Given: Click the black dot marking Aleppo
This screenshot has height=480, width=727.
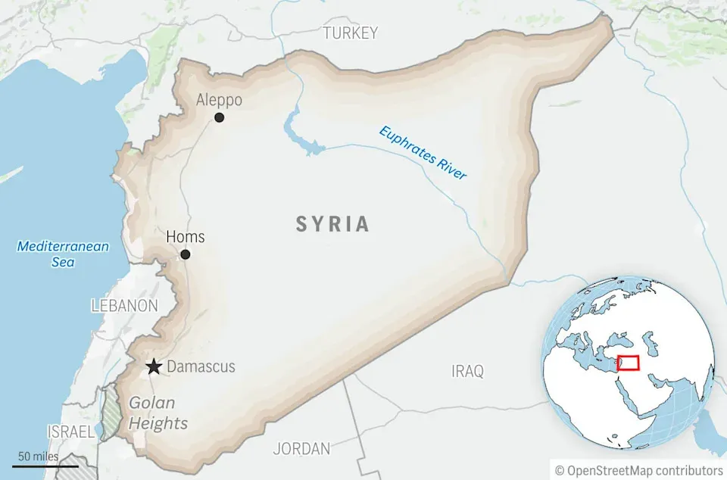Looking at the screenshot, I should point(219,117).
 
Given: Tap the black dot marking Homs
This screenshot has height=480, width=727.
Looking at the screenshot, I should point(186,254).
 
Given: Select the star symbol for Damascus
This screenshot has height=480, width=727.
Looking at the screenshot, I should point(154,367).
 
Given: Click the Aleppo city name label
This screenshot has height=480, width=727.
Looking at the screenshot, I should point(219,100).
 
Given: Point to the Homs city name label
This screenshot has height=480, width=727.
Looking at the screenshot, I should point(186,237).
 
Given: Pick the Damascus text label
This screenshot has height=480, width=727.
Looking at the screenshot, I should point(201,367).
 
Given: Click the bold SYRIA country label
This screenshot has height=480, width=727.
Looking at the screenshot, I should point(332,224).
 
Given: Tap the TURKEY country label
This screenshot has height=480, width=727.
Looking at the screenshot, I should point(350,33).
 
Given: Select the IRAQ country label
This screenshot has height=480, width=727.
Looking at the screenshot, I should point(467,371).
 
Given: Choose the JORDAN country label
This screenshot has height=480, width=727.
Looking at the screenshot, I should point(301,448).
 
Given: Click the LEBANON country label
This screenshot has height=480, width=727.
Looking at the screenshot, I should point(124,306).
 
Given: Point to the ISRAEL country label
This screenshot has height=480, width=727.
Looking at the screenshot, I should point(70,432).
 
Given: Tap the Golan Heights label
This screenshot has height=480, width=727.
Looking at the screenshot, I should point(158,413).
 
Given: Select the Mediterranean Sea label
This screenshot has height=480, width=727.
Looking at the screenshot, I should point(63,254).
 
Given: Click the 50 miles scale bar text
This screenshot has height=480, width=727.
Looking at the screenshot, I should point(38,457).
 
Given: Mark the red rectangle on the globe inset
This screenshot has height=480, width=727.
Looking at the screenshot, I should point(628,363).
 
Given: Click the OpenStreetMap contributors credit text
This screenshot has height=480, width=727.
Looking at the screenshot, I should point(638,470).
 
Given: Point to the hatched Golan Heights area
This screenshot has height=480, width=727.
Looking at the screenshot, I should point(111,413).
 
